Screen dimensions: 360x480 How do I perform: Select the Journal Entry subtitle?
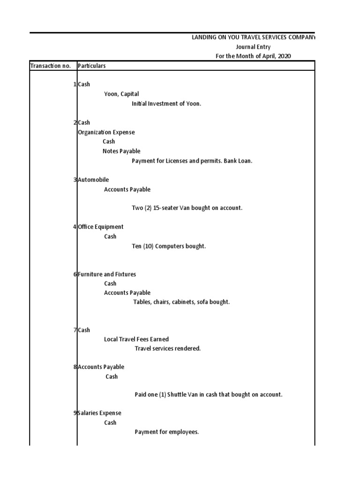coord(253,47)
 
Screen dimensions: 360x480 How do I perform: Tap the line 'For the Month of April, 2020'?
coord(253,56)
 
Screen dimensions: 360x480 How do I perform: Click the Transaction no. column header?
coord(51,66)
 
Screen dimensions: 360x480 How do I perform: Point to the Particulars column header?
coord(91,66)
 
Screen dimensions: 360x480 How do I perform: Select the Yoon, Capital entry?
coord(121,94)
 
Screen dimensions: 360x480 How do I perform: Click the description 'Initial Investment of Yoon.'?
coord(166,104)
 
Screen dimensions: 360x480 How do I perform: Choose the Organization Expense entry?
coord(106,132)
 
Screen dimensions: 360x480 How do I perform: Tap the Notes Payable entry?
coord(121,151)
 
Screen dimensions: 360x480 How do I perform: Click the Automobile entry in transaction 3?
coord(93,180)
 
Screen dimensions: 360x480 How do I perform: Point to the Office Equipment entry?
coord(101,227)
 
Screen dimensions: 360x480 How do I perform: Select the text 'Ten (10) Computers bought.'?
coord(169,246)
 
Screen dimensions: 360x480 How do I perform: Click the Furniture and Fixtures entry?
coord(107,274)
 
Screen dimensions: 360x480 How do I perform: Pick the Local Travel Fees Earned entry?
coord(136,339)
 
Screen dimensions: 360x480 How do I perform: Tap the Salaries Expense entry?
coord(99,413)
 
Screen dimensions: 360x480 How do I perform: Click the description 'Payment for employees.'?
coord(166,432)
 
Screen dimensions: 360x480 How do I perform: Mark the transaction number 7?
coord(75,330)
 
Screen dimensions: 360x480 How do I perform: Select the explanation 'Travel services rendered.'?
coord(167,349)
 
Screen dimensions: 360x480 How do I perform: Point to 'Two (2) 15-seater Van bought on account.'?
coord(187,208)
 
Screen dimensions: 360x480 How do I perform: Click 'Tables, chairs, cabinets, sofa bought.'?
coord(181,302)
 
